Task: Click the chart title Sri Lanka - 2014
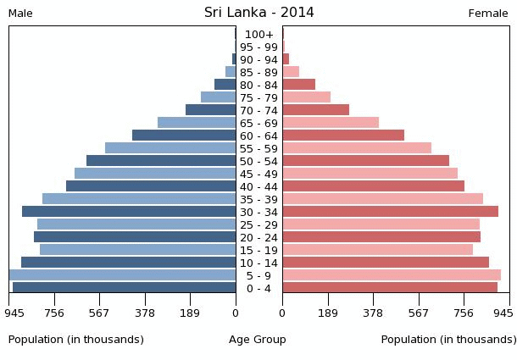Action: (258, 13)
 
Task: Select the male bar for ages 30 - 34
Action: (129, 212)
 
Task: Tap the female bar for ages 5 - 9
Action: (392, 275)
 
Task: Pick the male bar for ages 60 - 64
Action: (184, 136)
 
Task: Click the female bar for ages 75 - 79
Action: (307, 97)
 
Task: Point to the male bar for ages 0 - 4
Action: (124, 288)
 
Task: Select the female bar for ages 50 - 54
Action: (366, 161)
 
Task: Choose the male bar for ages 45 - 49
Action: (155, 174)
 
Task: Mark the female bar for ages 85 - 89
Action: (291, 72)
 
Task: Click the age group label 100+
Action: (258, 34)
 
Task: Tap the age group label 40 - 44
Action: (258, 186)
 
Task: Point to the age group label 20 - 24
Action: (258, 237)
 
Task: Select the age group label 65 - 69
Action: (258, 123)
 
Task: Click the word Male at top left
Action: (20, 14)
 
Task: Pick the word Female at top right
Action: (488, 14)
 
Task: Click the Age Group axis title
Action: (258, 340)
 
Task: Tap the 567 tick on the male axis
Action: (99, 313)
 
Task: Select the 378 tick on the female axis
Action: (373, 313)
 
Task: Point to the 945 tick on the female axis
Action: (503, 313)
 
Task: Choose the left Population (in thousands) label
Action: (76, 340)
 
